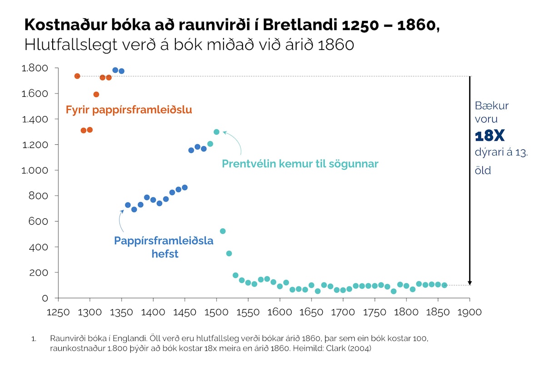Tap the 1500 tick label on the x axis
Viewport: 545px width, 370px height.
(x=216, y=312)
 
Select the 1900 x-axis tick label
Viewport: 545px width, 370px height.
(x=470, y=312)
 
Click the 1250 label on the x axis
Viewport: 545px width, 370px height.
(x=58, y=312)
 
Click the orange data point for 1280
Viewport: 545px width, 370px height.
(x=77, y=76)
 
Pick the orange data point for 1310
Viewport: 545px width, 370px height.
(x=96, y=94)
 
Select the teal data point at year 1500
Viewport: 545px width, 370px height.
(x=217, y=132)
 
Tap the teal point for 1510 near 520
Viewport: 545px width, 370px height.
(x=223, y=231)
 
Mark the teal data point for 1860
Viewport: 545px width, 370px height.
(x=445, y=285)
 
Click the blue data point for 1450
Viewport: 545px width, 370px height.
(x=185, y=187)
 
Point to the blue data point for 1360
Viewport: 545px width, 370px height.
(x=128, y=205)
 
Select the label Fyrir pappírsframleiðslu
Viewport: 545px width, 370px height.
(x=129, y=110)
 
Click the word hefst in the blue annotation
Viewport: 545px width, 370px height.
(x=165, y=254)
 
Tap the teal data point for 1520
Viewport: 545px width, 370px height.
(x=229, y=253)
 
